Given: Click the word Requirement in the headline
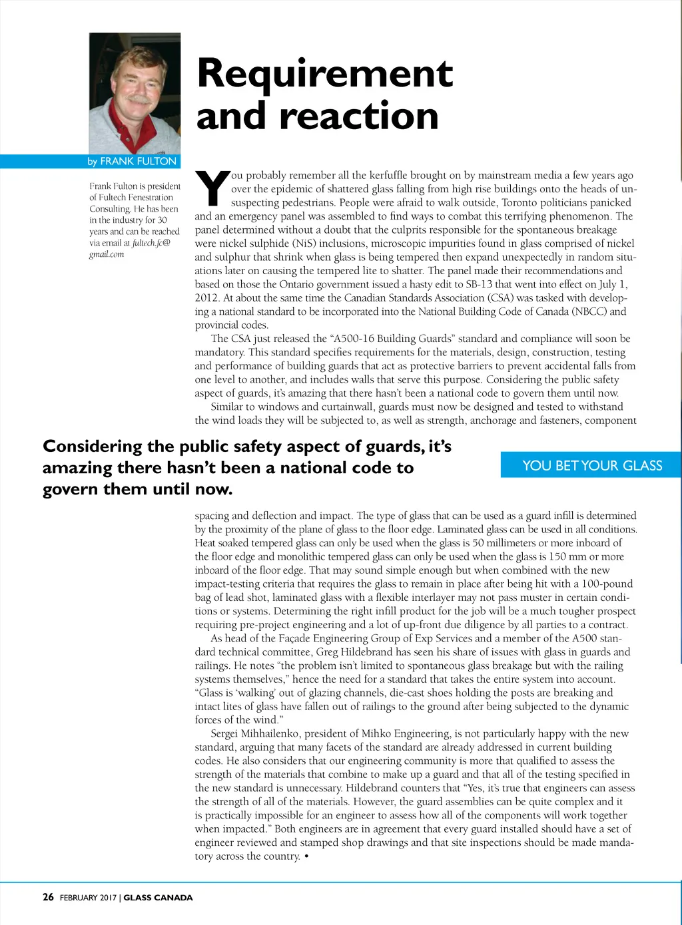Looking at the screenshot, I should (325, 73).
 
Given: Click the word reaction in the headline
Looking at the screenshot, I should (359, 116).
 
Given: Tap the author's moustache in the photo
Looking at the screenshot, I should (139, 99).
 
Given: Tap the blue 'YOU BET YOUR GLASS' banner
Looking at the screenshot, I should (591, 465).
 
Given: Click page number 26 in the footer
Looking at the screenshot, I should (48, 897).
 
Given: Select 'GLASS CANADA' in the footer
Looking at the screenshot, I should (158, 898).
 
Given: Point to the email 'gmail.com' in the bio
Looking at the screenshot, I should (107, 254).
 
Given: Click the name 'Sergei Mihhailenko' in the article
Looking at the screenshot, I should (254, 733).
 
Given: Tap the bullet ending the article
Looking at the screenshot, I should (306, 856).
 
